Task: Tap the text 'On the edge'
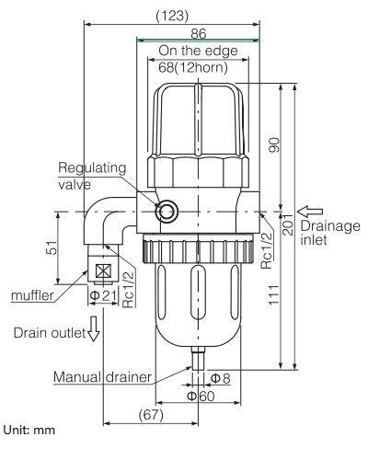(198, 50)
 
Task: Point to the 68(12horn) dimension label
(197, 67)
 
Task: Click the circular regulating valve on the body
(167, 213)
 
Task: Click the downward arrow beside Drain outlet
(91, 332)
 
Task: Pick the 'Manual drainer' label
(100, 376)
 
